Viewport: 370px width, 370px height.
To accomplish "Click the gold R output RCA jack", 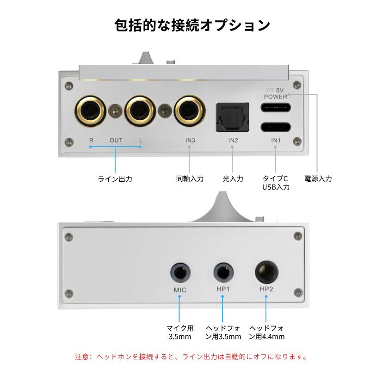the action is (x=90, y=111).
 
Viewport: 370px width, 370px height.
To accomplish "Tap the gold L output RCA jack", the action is (x=140, y=111).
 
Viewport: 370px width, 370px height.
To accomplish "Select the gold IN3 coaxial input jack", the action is (x=190, y=111).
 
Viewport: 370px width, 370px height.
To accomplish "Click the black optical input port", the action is (x=233, y=117).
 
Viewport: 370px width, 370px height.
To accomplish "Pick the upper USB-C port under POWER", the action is (x=276, y=108).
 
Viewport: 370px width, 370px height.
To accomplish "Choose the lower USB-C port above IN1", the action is (x=276, y=127).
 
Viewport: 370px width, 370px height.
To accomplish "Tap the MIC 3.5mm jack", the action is (x=180, y=273).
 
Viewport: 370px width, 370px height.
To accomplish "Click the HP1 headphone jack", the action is (x=223, y=272).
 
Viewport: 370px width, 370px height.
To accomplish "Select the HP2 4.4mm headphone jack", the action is (x=267, y=272).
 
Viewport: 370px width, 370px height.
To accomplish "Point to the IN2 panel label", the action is (x=233, y=141).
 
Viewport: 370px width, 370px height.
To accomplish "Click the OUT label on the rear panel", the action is (x=116, y=141).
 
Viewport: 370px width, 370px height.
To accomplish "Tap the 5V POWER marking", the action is (x=275, y=93).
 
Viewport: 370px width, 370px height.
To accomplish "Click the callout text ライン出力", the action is (x=115, y=179).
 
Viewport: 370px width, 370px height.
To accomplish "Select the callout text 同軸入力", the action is (x=190, y=179).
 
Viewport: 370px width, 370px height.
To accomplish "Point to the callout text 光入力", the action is (x=233, y=179).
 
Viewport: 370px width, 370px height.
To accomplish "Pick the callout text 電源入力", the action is (x=318, y=179).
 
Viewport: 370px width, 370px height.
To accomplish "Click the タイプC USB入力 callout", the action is (x=276, y=183).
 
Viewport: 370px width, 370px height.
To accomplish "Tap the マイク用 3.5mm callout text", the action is (x=180, y=332).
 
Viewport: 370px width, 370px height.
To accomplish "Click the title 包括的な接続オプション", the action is (x=192, y=25).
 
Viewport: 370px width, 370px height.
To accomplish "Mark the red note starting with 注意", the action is (x=191, y=357).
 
